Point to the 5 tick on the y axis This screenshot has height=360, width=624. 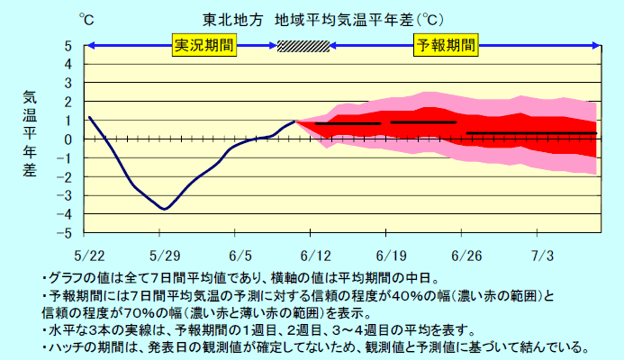pyautogui.click(x=69, y=46)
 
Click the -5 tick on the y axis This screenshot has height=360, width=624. pyautogui.click(x=68, y=233)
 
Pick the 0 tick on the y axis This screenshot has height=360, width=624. pyautogui.click(x=69, y=139)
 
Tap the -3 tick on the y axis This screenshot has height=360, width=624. pyautogui.click(x=68, y=195)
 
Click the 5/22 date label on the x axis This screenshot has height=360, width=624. pyautogui.click(x=90, y=256)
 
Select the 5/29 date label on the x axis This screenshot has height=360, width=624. pyautogui.click(x=165, y=256)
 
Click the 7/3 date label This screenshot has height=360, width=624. pyautogui.click(x=542, y=256)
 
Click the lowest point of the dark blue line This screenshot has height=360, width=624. pyautogui.click(x=164, y=209)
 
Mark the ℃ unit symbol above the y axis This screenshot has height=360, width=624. pyautogui.click(x=86, y=19)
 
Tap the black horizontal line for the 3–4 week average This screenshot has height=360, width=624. pyautogui.click(x=531, y=133)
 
